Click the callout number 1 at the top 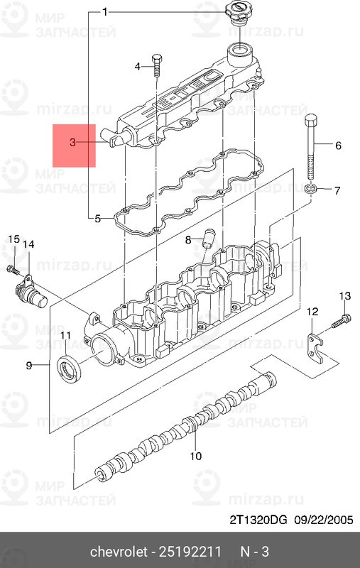pyautogui.click(x=104, y=13)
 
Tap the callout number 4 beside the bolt pyautogui.click(x=138, y=67)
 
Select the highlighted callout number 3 pyautogui.click(x=73, y=143)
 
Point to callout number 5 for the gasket pyautogui.click(x=97, y=219)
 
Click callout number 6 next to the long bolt pyautogui.click(x=338, y=146)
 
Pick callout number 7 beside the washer pyautogui.click(x=337, y=190)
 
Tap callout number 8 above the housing pyautogui.click(x=188, y=239)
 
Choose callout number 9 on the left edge pyautogui.click(x=29, y=365)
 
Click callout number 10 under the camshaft pyautogui.click(x=195, y=455)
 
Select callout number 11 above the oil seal pyautogui.click(x=65, y=335)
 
